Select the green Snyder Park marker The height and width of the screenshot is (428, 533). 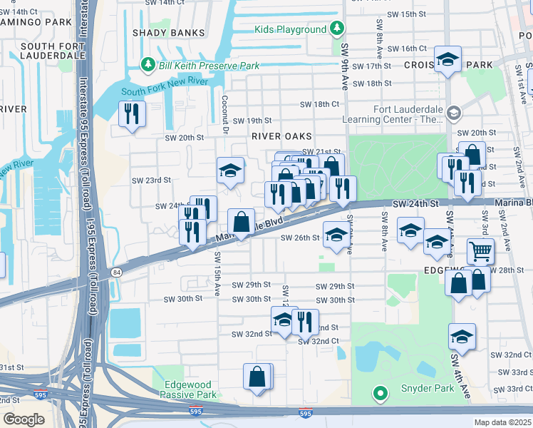click(381, 392)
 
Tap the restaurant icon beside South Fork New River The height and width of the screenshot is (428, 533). click(132, 115)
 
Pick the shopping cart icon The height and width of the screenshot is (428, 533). click(480, 252)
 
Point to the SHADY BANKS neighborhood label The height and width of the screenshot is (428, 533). click(160, 33)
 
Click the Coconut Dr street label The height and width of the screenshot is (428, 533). click(224, 113)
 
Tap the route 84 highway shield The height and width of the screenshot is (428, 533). click(115, 272)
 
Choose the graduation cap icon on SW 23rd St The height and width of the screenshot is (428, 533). click(230, 171)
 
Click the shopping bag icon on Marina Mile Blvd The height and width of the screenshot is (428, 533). click(241, 223)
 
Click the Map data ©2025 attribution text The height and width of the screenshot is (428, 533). click(502, 422)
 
